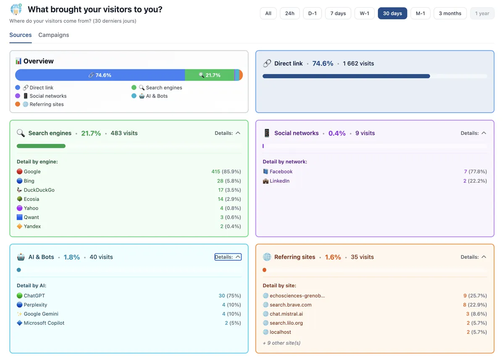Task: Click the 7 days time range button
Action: [x=338, y=13]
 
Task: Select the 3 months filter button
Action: [x=450, y=13]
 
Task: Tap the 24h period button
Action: [x=289, y=13]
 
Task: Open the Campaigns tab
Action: [x=54, y=35]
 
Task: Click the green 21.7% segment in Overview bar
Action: [x=209, y=75]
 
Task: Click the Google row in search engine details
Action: [x=32, y=171]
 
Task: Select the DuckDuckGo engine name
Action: [x=39, y=190]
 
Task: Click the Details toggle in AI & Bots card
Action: [x=228, y=257]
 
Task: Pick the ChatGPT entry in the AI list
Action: [x=34, y=296]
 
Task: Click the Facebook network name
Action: [x=281, y=171]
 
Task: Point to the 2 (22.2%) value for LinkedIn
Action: [x=475, y=181]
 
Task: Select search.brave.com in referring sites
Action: [x=290, y=305]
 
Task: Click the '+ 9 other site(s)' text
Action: [x=281, y=343]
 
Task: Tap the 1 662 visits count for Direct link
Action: [x=358, y=63]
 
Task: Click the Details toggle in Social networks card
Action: [x=473, y=133]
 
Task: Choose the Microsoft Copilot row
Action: [x=44, y=323]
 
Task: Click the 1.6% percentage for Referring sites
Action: [x=333, y=257]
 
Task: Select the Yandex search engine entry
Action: [x=32, y=226]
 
